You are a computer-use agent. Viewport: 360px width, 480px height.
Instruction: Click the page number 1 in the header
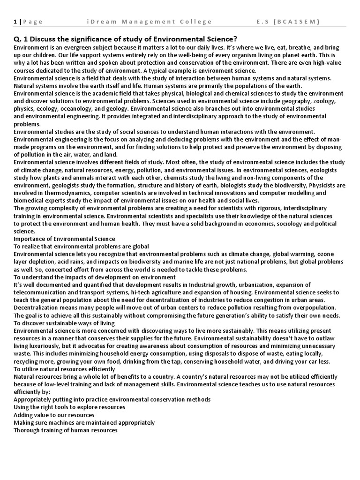tap(15, 22)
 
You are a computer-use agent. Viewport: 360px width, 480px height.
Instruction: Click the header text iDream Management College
tap(150, 22)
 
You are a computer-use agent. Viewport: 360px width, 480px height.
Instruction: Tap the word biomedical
tap(30, 200)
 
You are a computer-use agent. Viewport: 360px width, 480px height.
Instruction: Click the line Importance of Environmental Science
tap(64, 239)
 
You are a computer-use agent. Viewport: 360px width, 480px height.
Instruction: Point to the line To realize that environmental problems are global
tap(81, 246)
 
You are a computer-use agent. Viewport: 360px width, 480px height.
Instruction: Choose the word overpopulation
tap(314, 307)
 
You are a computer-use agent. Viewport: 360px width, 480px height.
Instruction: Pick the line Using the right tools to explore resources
tap(69, 407)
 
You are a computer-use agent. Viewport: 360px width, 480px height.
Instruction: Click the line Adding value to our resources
tap(54, 414)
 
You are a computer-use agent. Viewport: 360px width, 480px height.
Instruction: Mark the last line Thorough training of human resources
tap(65, 430)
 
